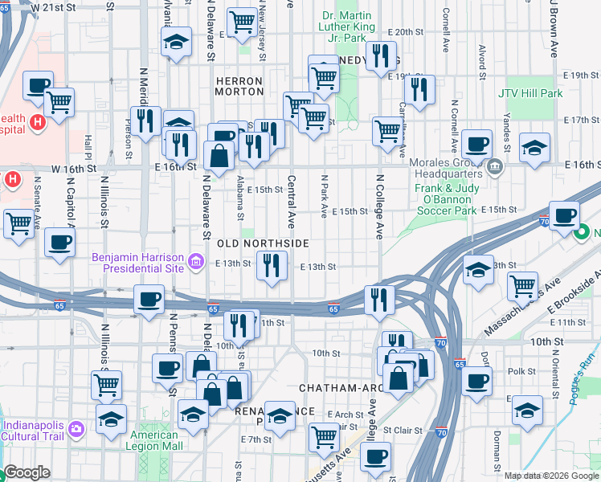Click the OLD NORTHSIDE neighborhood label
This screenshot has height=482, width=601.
[x=262, y=243]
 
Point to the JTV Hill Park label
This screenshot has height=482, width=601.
[x=530, y=94]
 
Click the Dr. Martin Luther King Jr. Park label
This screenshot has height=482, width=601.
[x=347, y=27]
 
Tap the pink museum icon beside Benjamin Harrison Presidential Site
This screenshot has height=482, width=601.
[x=194, y=260]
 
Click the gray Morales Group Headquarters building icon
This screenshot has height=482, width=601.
[x=495, y=169]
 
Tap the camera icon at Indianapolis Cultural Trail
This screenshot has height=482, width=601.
[x=76, y=427]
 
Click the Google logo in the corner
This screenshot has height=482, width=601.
[x=27, y=473]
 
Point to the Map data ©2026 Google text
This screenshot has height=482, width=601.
[x=551, y=476]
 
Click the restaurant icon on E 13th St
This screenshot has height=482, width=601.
[x=272, y=264]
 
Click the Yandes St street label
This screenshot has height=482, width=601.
[x=508, y=134]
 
